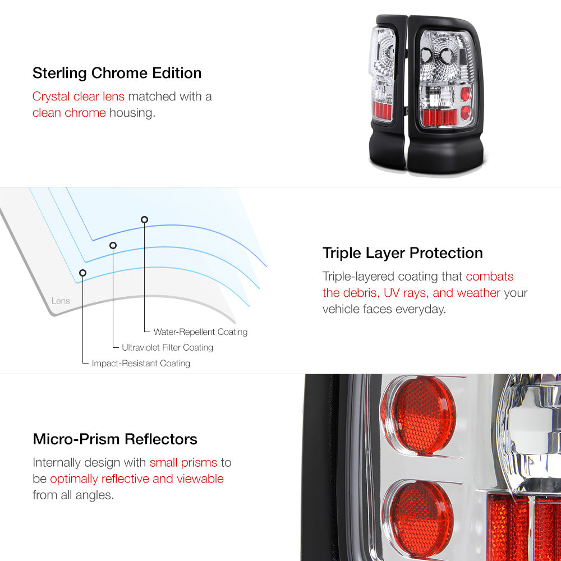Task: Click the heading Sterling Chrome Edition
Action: click(117, 73)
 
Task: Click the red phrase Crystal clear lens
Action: click(79, 96)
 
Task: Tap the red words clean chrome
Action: click(69, 113)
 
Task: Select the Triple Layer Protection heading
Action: click(402, 254)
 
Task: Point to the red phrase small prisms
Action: click(183, 463)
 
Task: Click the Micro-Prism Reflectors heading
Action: click(115, 439)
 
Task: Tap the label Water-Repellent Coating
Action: click(200, 332)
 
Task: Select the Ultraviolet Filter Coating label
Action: click(167, 347)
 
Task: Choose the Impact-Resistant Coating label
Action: click(141, 364)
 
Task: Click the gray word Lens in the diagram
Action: click(61, 301)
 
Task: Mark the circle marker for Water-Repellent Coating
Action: click(144, 220)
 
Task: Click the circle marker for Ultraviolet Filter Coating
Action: click(113, 246)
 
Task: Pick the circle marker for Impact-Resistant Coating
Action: click(82, 273)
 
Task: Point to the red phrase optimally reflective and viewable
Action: click(137, 479)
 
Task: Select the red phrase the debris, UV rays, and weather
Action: click(411, 293)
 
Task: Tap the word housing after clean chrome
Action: click(132, 113)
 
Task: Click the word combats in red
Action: click(489, 277)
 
